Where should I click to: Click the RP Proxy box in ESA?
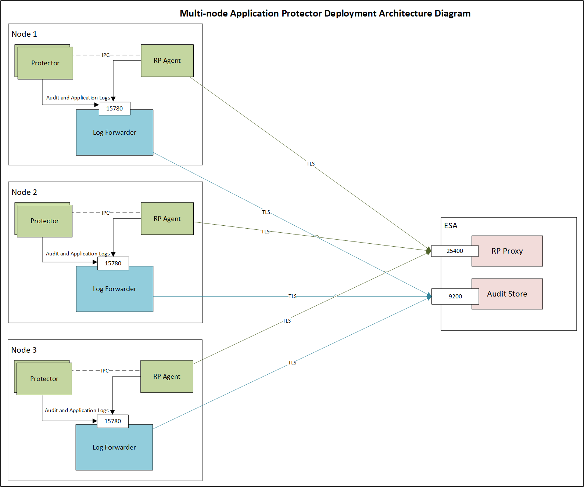(507, 251)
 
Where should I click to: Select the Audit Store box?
(507, 294)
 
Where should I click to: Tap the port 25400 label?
(455, 251)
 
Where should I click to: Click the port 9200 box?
(455, 297)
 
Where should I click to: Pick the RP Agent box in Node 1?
(167, 61)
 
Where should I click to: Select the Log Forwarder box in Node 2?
(114, 289)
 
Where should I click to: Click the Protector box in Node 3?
(44, 379)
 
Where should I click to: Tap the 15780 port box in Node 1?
(114, 109)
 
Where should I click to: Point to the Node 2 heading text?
(24, 192)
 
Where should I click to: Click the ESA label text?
(451, 226)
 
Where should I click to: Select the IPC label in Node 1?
(105, 55)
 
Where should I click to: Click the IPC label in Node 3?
(105, 371)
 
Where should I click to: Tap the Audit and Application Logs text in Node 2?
(78, 254)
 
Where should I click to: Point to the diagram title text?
(325, 14)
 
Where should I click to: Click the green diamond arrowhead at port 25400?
(429, 251)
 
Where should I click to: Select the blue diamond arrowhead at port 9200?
(429, 296)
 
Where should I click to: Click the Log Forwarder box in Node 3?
(114, 448)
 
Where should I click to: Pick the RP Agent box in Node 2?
(167, 219)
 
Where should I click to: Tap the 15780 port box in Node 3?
(112, 421)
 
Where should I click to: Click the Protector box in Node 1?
(45, 63)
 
